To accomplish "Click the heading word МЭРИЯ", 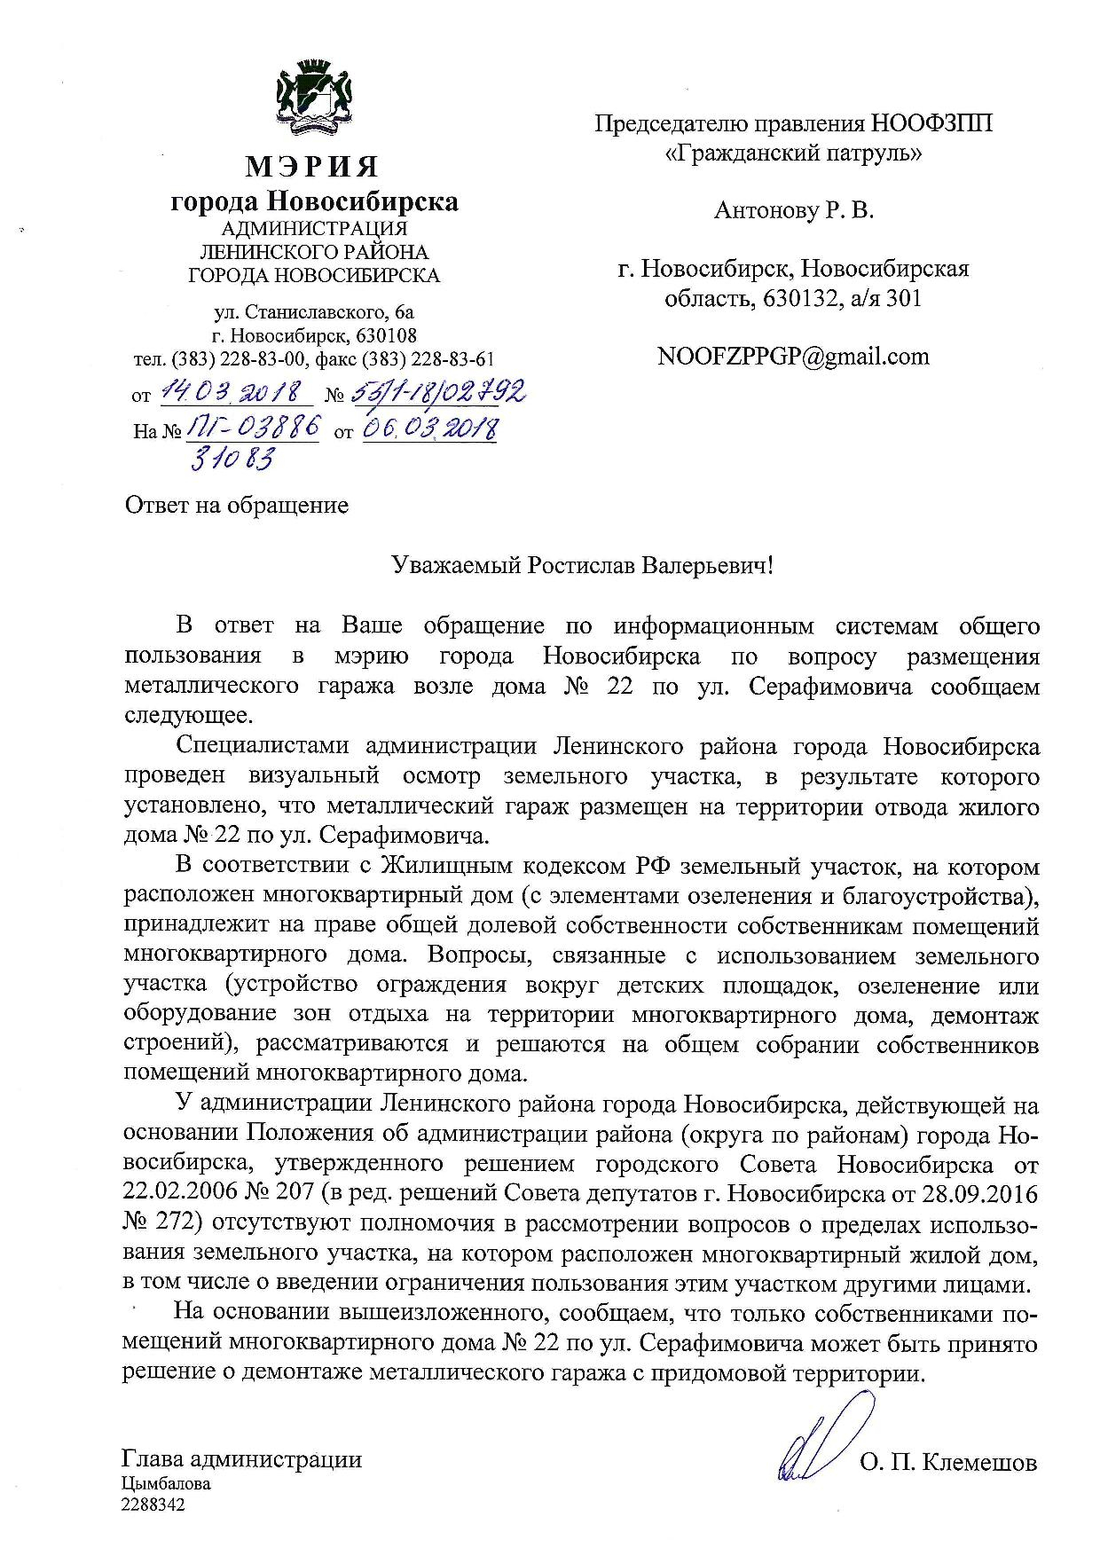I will (312, 166).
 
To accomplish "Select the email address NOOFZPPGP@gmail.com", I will (793, 357).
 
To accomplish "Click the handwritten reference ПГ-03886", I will (252, 429).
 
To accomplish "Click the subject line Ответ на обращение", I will (237, 506).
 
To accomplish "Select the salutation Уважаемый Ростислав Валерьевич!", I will (583, 566).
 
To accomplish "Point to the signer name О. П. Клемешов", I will (947, 1464).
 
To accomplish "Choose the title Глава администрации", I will (242, 1459).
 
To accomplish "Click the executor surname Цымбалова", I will (166, 1483).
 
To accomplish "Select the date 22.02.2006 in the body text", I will (180, 1194).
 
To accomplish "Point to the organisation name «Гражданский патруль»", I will (793, 153).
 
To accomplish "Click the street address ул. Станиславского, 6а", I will (314, 312).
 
